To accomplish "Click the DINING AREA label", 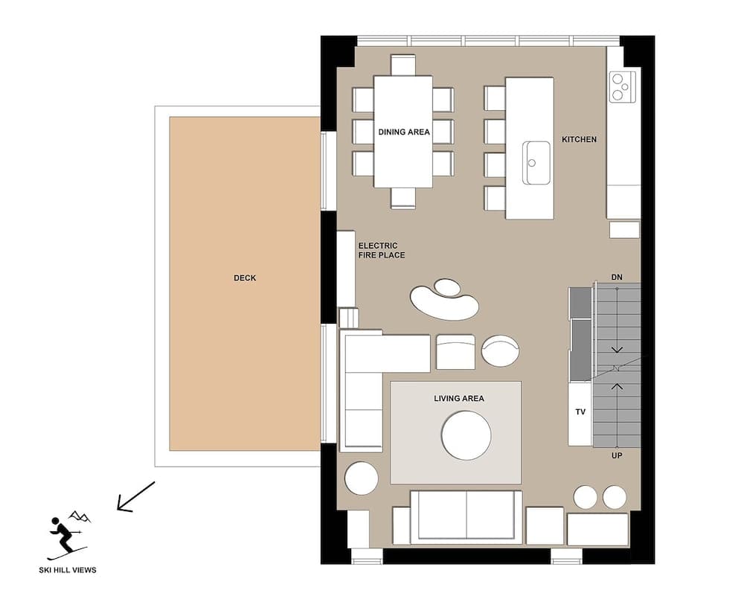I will [x=403, y=132].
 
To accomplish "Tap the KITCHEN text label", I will [x=579, y=139].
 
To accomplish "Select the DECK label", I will [x=245, y=278].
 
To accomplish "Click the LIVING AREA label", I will [x=458, y=399].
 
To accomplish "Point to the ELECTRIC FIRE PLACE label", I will [x=382, y=250].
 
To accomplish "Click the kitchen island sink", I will [x=536, y=162].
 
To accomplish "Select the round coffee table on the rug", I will [x=466, y=435].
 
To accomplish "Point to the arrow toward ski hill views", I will [x=135, y=496].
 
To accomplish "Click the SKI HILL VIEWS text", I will [x=68, y=571].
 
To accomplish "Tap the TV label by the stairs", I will [x=580, y=411].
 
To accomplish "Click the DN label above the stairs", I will [x=616, y=278].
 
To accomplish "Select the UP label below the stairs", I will [x=616, y=455].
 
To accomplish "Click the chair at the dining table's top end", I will [x=403, y=65].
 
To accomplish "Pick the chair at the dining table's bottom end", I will [x=403, y=198].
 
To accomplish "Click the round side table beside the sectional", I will [x=362, y=478].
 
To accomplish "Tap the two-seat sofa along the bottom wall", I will [x=466, y=516].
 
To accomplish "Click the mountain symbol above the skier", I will [x=79, y=516].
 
